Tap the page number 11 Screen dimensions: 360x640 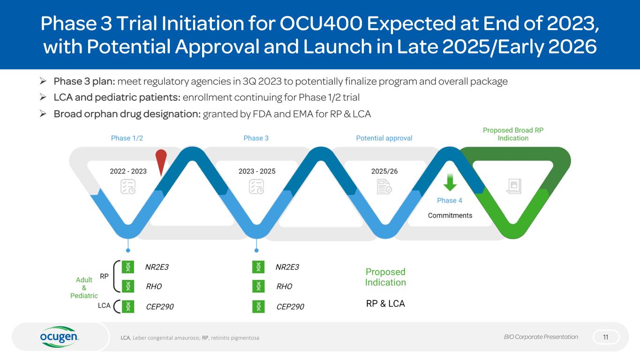pos(606,337)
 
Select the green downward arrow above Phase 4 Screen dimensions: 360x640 pos(450,182)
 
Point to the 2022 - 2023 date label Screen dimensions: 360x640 pos(128,172)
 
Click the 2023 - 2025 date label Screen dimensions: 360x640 pos(257,172)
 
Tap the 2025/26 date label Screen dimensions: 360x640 pos(384,172)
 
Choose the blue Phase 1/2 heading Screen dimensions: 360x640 pos(127,138)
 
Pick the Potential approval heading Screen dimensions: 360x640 pos(384,138)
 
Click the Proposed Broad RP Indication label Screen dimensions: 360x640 pos(513,134)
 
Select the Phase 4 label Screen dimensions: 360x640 pos(450,201)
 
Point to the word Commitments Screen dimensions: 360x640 pos(450,216)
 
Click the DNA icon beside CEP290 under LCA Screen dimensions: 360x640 pos(128,306)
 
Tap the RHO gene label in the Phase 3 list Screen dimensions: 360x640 pos(285,286)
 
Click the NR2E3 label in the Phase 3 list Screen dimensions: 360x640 pos(287,267)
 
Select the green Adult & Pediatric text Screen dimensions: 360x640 pos(84,288)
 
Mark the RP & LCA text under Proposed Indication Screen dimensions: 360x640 pos(385,304)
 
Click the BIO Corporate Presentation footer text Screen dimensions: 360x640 pos(541,337)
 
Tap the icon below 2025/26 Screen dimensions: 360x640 pos(384,187)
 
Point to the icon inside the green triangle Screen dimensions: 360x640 pos(513,187)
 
